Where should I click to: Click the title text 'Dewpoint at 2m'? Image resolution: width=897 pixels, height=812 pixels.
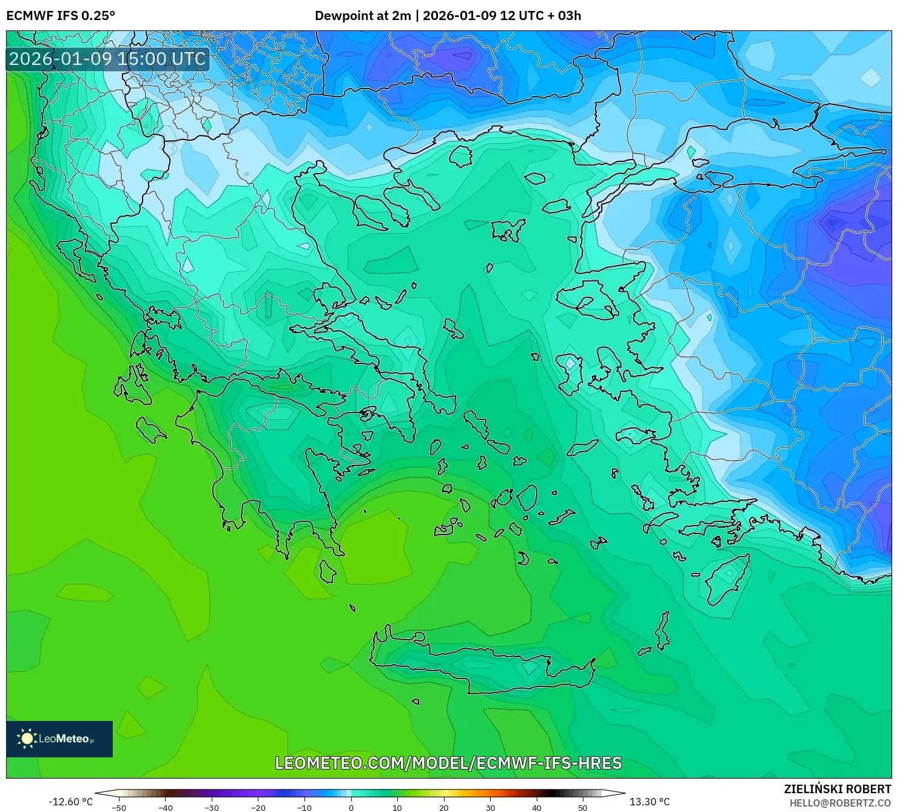362,16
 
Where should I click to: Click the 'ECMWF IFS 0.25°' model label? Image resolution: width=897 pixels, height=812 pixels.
61,16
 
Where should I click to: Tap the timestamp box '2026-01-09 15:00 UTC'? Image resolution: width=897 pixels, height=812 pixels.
107,59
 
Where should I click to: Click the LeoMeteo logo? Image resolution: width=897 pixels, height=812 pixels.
59,739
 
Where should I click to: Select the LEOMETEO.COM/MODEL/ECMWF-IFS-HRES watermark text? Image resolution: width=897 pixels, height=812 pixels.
448,763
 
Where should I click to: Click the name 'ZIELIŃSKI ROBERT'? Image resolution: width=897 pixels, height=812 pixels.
837,789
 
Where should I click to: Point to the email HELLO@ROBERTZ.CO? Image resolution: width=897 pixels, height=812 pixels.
840,802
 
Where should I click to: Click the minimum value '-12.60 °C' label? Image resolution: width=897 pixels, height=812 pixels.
71,802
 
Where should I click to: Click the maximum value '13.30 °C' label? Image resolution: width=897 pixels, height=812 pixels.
650,802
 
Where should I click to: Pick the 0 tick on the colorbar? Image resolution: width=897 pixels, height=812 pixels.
351,807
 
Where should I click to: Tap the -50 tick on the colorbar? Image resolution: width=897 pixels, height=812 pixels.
119,807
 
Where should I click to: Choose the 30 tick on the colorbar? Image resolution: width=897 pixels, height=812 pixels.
490,807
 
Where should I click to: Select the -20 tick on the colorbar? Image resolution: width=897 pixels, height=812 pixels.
258,807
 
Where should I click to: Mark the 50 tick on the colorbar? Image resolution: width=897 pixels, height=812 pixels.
583,807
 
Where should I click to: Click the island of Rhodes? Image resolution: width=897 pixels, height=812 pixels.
727,578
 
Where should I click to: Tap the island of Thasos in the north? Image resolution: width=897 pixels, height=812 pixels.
461,156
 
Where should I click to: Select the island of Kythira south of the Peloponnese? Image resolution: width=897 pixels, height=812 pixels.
328,571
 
